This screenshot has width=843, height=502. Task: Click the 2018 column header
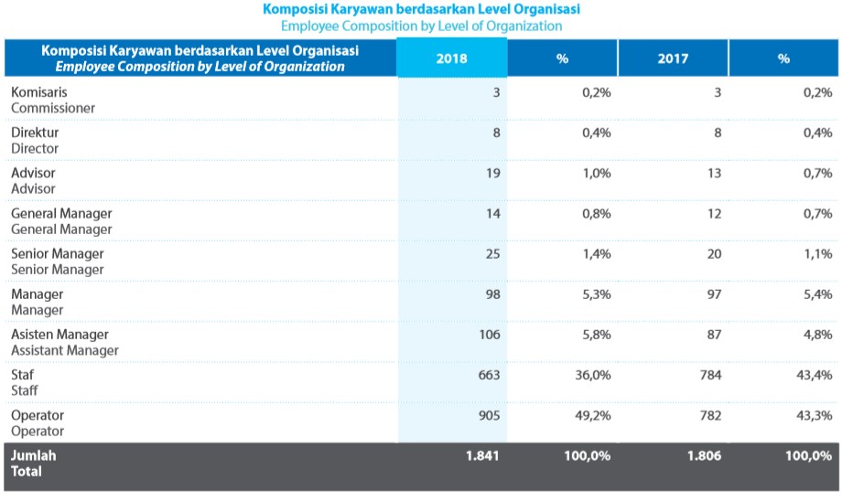452,59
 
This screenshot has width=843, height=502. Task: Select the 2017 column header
673,59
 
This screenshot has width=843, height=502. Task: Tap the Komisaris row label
39,92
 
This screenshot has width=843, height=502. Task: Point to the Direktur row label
35,133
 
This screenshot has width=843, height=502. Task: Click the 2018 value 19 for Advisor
492,173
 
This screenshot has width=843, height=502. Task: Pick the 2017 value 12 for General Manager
714,213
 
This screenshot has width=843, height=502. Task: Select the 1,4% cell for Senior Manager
597,253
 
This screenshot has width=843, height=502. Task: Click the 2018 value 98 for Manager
492,294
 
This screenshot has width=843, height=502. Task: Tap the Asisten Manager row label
59,335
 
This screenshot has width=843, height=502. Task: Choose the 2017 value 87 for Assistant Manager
714,334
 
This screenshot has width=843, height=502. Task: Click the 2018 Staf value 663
489,375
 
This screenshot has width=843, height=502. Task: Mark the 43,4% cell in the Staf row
815,375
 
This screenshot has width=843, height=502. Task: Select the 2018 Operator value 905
489,415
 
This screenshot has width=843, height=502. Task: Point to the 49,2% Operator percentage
593,415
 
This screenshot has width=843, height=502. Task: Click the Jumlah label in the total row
33,455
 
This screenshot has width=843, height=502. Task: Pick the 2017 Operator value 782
710,415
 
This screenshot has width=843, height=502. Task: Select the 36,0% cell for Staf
593,375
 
